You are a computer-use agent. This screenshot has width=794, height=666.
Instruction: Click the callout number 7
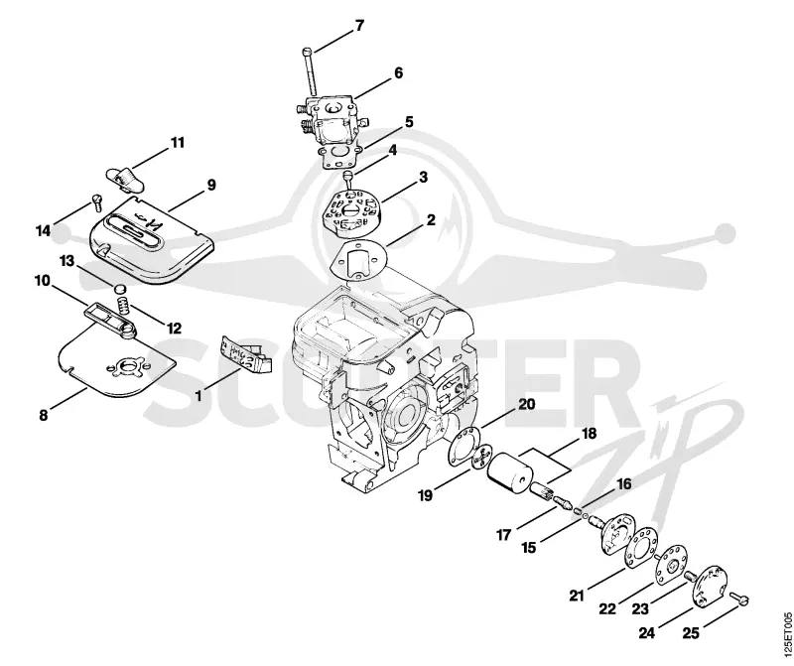[x=359, y=26]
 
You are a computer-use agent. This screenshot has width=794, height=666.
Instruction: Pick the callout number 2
[x=431, y=219]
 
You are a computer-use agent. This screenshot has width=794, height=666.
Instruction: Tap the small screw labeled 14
[x=97, y=202]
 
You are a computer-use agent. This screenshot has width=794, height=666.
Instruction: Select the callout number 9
[x=210, y=185]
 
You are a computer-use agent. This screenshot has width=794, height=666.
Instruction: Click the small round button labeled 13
[x=118, y=289]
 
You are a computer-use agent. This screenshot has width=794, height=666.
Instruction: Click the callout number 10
[x=43, y=280]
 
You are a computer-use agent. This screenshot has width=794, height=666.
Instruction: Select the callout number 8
[x=44, y=415]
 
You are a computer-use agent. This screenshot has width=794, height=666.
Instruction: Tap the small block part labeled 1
[x=245, y=355]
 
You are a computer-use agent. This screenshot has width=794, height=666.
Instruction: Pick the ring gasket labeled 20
[x=464, y=445]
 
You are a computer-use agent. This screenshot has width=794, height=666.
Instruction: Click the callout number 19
[x=426, y=494]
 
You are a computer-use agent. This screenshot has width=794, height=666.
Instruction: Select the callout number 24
[x=647, y=632]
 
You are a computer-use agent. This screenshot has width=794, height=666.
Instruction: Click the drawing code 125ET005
[x=786, y=633]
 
